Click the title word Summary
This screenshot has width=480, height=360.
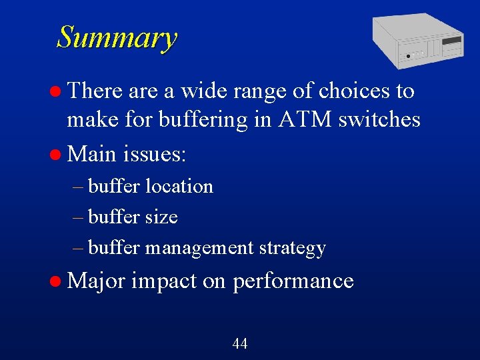point(117,37)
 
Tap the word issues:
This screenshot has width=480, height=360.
point(155,155)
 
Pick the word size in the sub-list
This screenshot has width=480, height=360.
point(161,217)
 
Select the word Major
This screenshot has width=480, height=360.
point(96,281)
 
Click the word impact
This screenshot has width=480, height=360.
point(163,281)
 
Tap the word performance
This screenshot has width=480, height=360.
point(293,281)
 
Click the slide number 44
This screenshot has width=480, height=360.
point(240,344)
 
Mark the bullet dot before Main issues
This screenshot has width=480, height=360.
point(58,155)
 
